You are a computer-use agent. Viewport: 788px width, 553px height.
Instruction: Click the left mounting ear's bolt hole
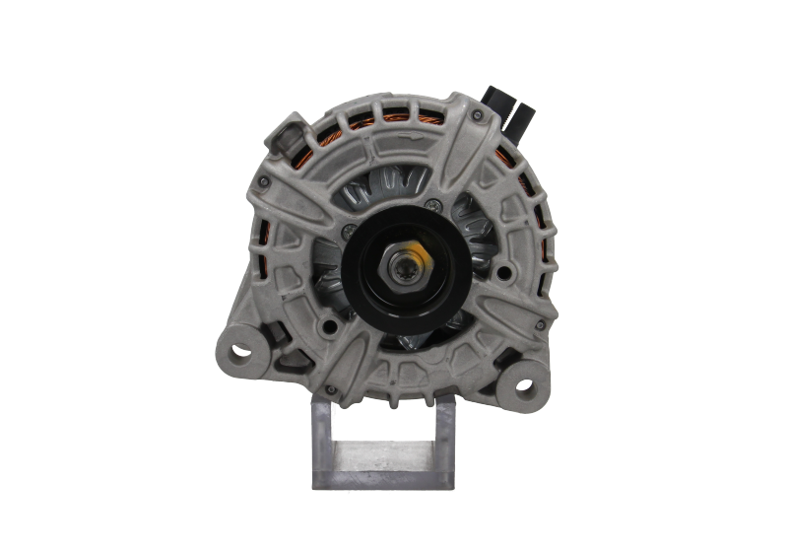(235, 351)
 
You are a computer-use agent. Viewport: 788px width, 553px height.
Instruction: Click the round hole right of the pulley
(504, 272)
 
